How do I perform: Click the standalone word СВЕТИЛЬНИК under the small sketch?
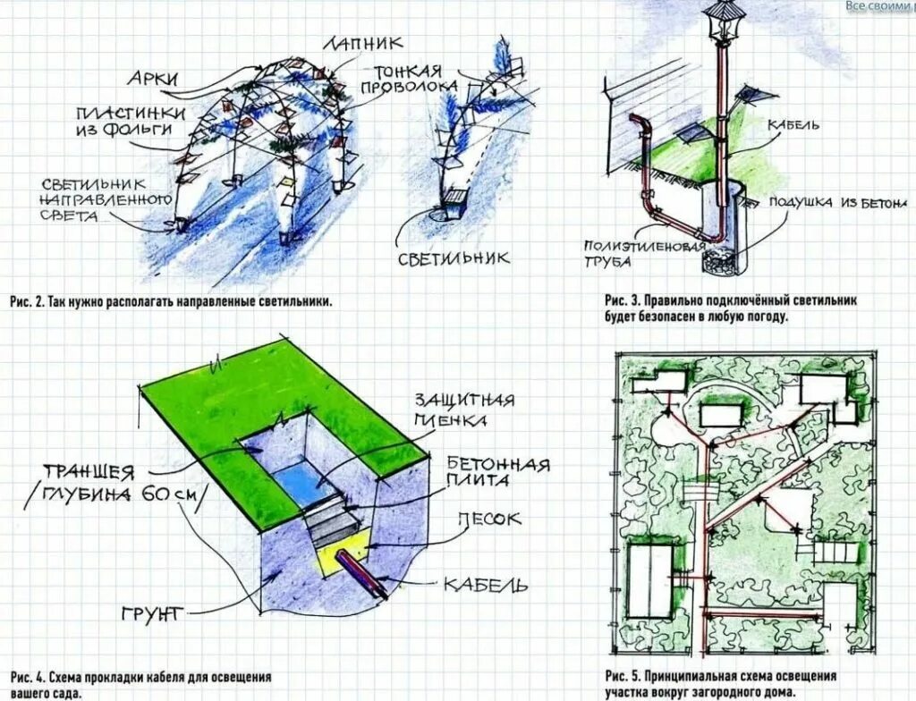[454, 258]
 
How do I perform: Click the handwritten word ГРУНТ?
[151, 613]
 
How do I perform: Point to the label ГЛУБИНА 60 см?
[118, 495]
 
